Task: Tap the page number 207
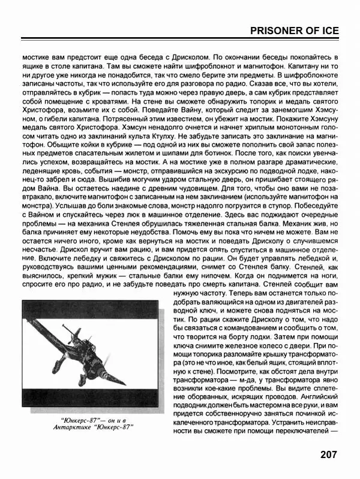(x=331, y=454)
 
